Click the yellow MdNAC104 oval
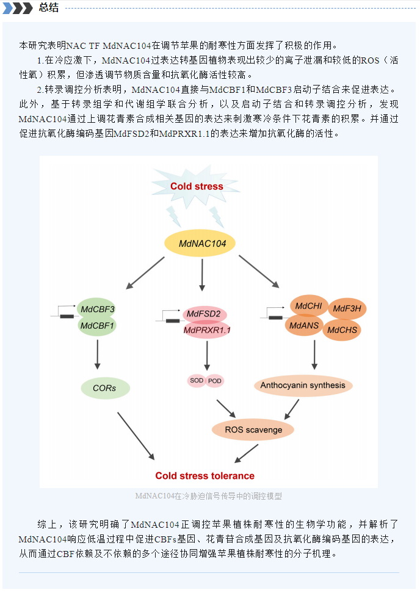(x=200, y=243)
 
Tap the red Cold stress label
(x=197, y=186)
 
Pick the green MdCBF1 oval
(x=97, y=326)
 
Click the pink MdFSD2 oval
(x=205, y=314)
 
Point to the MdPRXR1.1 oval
(x=207, y=330)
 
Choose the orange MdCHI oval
(x=309, y=305)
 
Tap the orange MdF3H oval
(x=347, y=308)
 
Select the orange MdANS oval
(x=304, y=326)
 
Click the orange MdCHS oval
(x=342, y=330)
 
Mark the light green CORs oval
(x=105, y=388)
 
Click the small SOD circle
(x=197, y=381)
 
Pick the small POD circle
(x=214, y=381)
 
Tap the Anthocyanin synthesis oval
(x=303, y=385)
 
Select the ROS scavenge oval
(x=253, y=430)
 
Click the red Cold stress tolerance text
(x=205, y=476)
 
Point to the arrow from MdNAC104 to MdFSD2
(x=202, y=275)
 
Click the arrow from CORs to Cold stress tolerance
(x=136, y=436)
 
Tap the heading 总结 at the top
(x=49, y=7)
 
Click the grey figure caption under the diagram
(x=209, y=496)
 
